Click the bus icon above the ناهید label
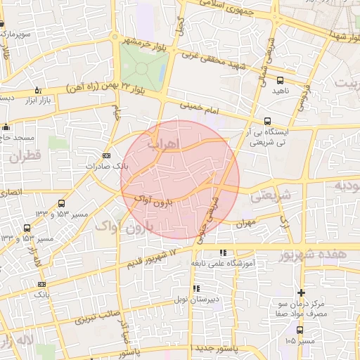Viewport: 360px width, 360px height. tap(281, 80)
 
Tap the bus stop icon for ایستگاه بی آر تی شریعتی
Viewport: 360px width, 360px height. tap(267, 120)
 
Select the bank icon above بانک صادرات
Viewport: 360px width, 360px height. tap(106, 155)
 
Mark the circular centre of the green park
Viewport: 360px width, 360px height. tap(143, 68)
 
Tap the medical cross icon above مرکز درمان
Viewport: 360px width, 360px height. tap(302, 292)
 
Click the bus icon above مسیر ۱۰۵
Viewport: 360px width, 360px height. tap(300, 330)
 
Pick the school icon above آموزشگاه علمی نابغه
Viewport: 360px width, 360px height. tap(223, 252)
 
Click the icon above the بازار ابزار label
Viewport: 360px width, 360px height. tap(37, 91)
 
